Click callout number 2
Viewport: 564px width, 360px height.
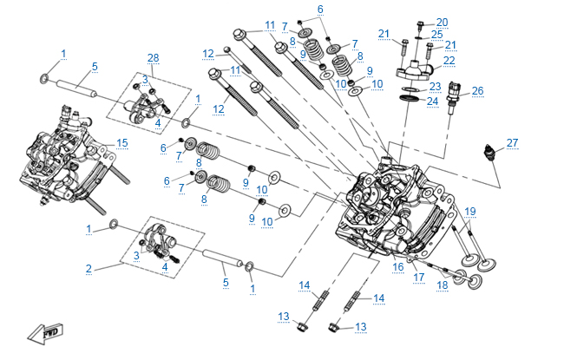tap(89, 269)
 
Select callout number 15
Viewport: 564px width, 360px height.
tap(122, 142)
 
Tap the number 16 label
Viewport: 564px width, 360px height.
tap(398, 267)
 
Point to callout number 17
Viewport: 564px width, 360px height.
tap(419, 278)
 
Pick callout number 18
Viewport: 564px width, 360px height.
tap(442, 285)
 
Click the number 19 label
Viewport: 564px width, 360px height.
tap(470, 211)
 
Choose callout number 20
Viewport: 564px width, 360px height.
tap(442, 22)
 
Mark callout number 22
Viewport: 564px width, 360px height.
tap(449, 60)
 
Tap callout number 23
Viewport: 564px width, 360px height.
tap(435, 86)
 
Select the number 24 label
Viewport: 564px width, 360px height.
tap(432, 101)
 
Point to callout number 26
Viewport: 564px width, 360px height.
tap(477, 90)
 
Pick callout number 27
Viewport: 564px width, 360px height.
tap(512, 142)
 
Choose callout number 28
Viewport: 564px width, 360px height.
tap(154, 57)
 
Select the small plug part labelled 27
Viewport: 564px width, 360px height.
tap(493, 154)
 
